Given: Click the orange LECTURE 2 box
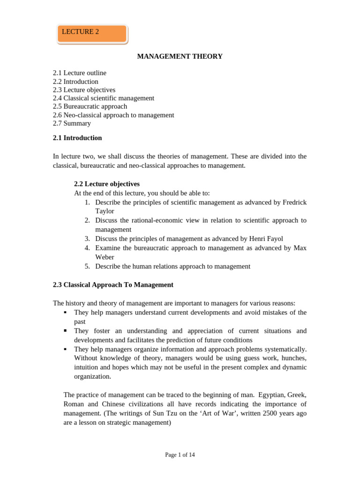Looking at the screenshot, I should click(x=92, y=33).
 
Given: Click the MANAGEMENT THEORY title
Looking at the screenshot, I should click(x=180, y=57).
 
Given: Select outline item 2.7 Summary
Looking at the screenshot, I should click(x=72, y=124).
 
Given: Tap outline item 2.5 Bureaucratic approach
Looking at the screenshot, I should click(x=90, y=107).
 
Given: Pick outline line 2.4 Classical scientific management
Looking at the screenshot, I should click(x=104, y=98).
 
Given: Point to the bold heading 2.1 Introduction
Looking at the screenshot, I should click(x=77, y=138).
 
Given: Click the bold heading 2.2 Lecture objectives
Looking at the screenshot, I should click(x=107, y=184).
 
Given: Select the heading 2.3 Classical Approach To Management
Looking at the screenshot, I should click(x=113, y=285).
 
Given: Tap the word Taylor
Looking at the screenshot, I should click(x=105, y=211).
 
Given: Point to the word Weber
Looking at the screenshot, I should click(x=105, y=257).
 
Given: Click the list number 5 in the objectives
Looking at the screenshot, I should click(x=87, y=267).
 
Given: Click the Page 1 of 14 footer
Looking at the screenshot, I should click(x=180, y=455).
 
